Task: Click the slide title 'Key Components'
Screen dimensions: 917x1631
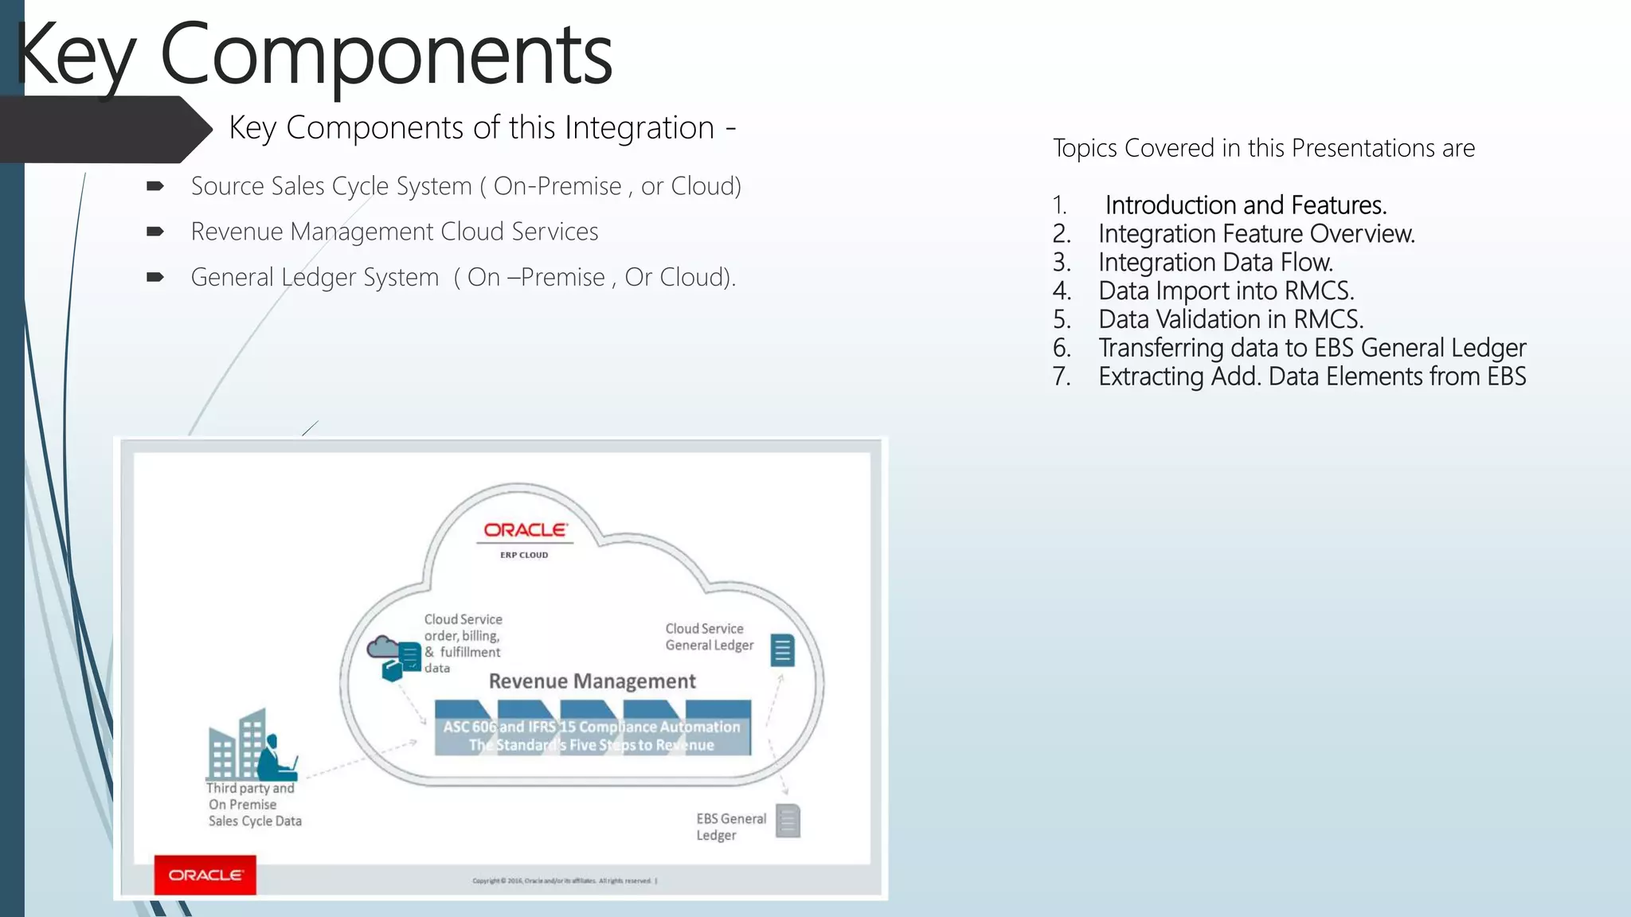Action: point(313,56)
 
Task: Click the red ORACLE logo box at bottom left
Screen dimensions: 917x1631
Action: point(205,875)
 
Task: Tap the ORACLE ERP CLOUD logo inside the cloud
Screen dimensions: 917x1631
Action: point(525,538)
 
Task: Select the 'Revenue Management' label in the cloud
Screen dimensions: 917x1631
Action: point(592,681)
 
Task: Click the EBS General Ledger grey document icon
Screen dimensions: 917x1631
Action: point(787,821)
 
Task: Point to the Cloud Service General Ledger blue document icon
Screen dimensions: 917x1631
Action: point(782,650)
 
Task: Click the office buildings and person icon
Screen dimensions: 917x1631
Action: point(252,746)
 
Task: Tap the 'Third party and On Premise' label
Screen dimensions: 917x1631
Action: point(250,796)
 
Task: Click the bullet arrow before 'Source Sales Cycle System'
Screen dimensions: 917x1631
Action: point(155,186)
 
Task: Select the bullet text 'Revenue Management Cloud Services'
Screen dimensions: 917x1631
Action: point(394,232)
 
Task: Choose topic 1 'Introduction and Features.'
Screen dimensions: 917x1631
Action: point(1245,205)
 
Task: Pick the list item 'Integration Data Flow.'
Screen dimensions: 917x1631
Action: point(1215,263)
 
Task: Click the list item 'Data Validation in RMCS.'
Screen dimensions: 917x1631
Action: point(1230,319)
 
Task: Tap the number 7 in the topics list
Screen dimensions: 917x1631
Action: point(1061,377)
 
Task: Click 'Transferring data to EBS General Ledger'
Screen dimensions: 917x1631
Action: point(1312,348)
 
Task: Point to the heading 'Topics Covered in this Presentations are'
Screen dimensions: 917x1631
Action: point(1263,148)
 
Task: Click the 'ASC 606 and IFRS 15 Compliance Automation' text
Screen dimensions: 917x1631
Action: point(591,727)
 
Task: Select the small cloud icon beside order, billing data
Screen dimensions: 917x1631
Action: point(382,646)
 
